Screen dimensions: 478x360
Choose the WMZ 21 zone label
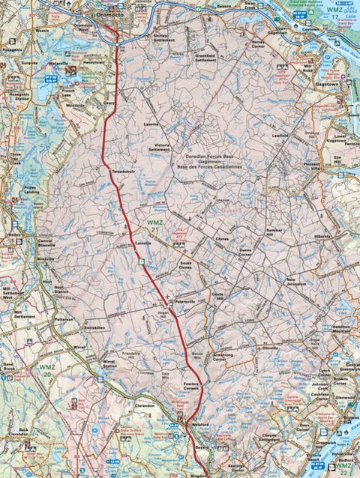(x=154, y=228)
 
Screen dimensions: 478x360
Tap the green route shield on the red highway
(x=140, y=261)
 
